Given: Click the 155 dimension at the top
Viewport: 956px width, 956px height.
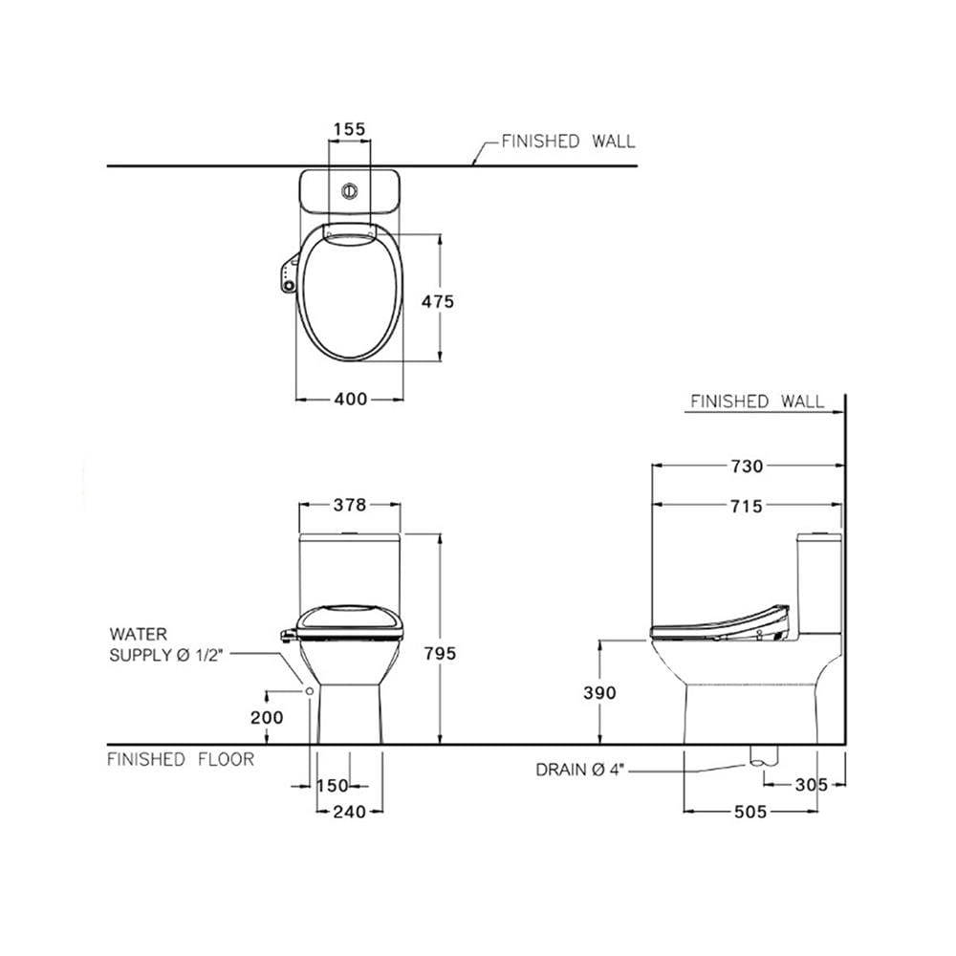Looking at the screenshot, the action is click(349, 129).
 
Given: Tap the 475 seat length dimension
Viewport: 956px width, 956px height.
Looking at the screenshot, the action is click(437, 301).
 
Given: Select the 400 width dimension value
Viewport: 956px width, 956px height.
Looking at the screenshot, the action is click(351, 400).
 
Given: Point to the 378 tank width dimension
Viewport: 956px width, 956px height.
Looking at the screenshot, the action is click(350, 505).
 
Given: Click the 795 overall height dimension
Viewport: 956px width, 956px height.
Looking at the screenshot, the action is click(440, 654).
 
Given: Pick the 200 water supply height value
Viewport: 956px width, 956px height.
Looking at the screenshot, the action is click(267, 718).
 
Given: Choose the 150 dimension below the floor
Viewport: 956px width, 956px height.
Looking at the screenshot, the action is click(333, 785).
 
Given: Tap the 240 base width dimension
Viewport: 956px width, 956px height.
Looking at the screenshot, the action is click(350, 812).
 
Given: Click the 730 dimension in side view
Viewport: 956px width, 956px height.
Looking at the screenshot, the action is click(747, 467).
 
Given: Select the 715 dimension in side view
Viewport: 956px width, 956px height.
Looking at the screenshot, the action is click(747, 506).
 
